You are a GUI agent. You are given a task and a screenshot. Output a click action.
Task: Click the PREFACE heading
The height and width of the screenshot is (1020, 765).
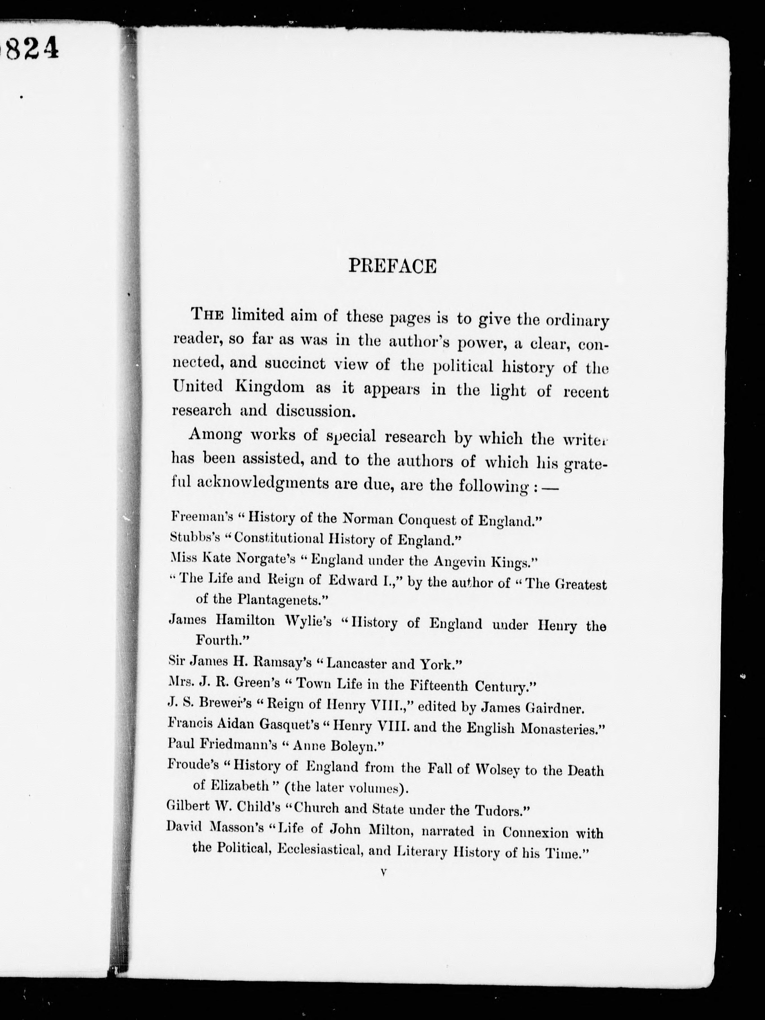tap(392, 266)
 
